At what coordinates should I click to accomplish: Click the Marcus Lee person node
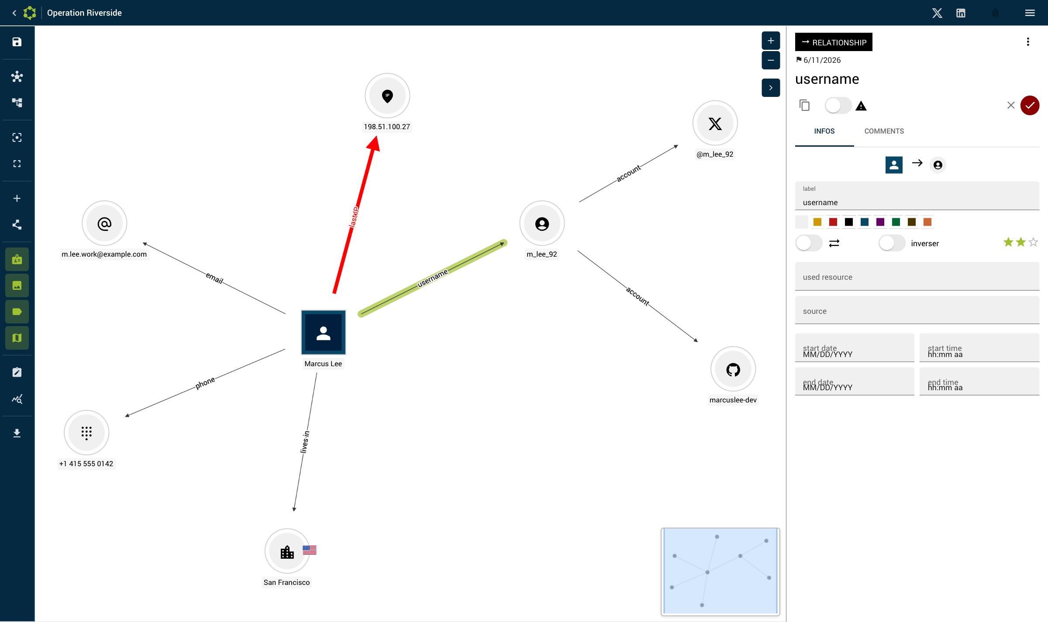pos(323,332)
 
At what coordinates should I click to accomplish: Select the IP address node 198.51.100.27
pos(387,96)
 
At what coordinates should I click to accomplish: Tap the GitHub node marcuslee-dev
pos(733,369)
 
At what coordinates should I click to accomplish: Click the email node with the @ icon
pos(104,223)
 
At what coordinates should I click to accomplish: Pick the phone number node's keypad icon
pos(86,433)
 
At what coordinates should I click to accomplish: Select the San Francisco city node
pos(287,551)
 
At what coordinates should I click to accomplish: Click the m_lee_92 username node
pos(542,223)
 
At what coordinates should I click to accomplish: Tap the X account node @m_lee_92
pos(715,124)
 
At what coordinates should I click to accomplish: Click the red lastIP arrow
pos(355,215)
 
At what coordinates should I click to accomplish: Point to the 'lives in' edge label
pos(305,442)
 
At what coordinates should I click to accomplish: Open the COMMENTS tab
pos(884,131)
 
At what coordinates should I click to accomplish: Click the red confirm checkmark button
pos(1030,105)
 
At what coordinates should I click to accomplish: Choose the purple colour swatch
pos(880,222)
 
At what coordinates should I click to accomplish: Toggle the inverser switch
pos(892,243)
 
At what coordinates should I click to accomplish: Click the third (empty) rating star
pos(1033,242)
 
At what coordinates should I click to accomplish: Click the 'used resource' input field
pos(917,276)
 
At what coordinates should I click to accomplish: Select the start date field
pos(855,348)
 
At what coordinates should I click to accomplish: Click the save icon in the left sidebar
pos(17,42)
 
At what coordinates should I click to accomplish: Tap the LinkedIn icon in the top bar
pos(961,13)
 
